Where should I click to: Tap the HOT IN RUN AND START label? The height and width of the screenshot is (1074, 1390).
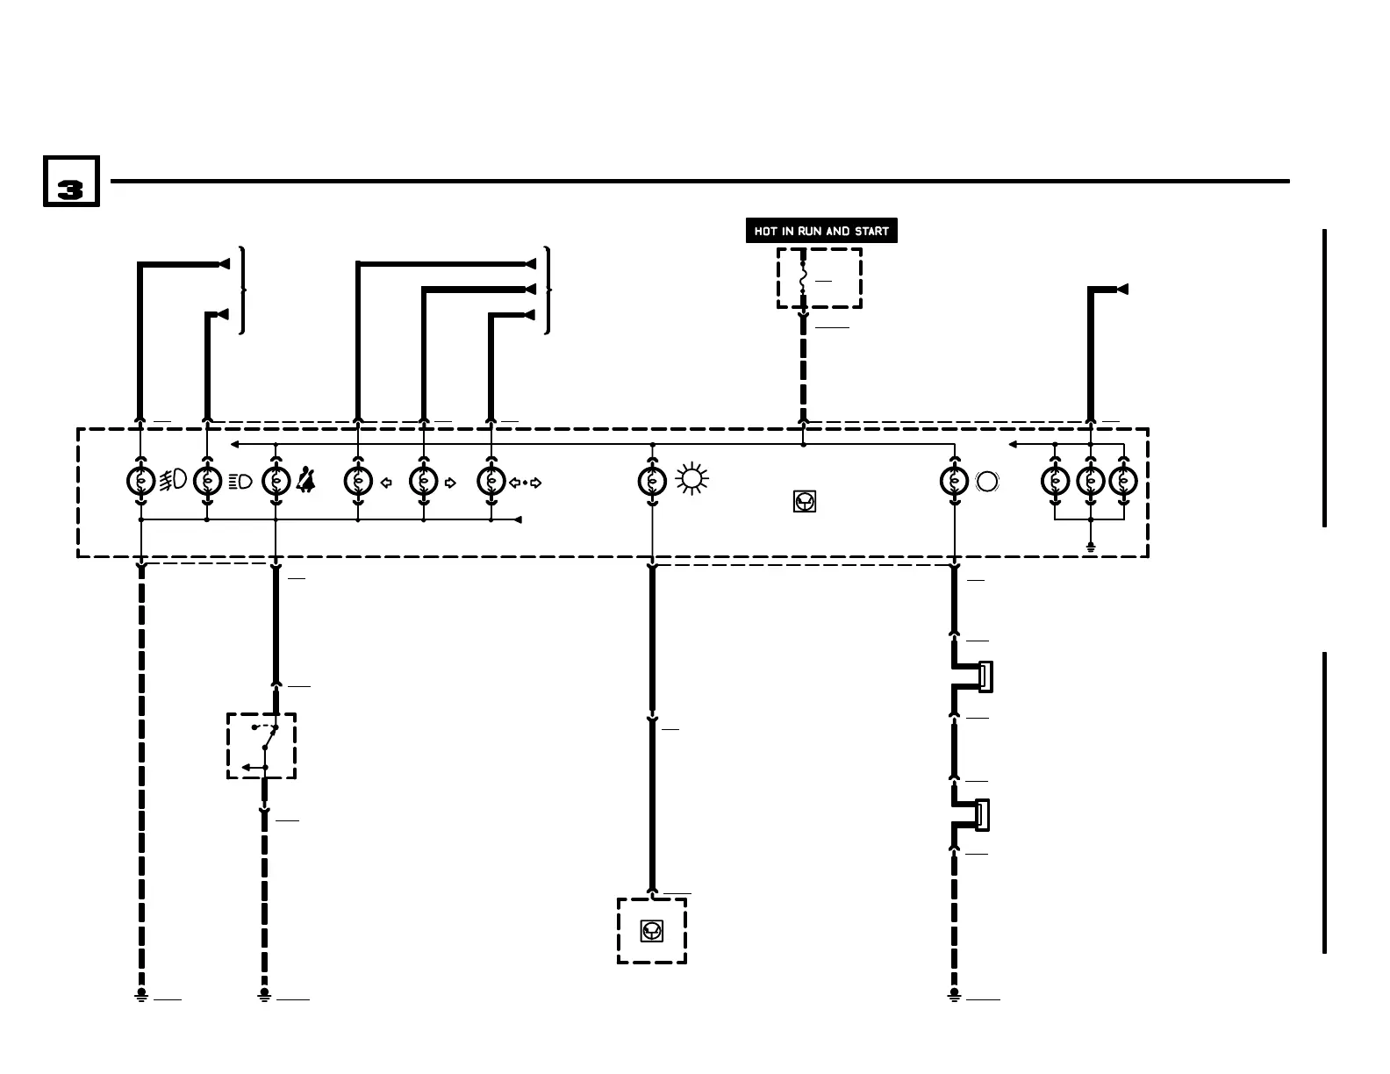821,231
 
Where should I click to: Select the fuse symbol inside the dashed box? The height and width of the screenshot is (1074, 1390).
803,279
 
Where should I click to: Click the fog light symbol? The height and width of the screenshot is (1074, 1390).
173,480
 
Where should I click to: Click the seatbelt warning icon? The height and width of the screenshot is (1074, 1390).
306,481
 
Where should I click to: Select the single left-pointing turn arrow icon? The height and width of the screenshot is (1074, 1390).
385,482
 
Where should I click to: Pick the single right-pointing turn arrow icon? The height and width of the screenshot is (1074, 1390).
450,482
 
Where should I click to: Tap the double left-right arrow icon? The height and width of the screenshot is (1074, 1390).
525,482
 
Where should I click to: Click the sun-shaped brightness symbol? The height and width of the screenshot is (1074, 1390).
691,480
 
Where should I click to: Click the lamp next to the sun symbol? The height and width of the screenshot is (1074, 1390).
652,481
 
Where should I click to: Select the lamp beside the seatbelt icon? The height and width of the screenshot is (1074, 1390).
276,481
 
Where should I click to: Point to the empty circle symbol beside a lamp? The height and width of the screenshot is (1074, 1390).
986,481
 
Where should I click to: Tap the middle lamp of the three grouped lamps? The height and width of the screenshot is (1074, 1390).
1090,481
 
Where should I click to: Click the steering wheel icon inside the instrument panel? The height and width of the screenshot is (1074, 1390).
804,501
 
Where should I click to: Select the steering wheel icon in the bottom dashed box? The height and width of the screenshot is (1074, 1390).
652,930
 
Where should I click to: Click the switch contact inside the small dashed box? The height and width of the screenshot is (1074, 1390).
265,746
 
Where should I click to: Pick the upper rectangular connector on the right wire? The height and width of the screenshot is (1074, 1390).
985,677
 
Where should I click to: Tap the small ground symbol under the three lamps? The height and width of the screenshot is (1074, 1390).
1090,547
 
